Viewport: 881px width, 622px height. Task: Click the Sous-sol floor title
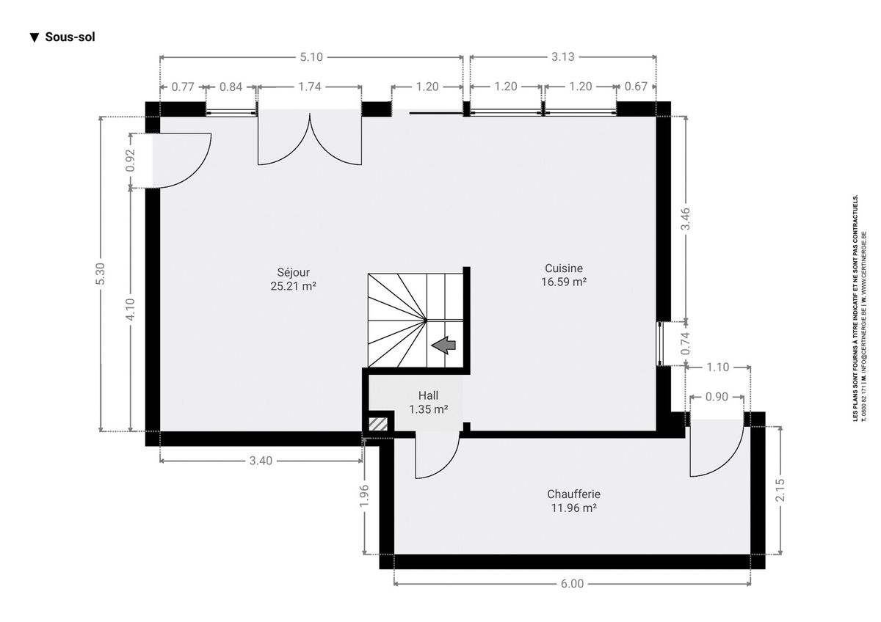[x=62, y=37]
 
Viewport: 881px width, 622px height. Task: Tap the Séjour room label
[x=294, y=272]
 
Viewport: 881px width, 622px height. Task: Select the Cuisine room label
[x=564, y=268]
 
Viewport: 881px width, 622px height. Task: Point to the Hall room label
[x=428, y=395]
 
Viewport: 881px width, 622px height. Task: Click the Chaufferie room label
[x=573, y=494]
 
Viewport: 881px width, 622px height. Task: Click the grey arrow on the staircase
[x=443, y=345]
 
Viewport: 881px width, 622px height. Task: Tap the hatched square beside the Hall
[x=378, y=424]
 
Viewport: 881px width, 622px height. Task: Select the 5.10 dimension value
[x=311, y=57]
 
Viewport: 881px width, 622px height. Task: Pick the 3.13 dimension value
[x=563, y=57]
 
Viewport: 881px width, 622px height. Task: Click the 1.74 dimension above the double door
[x=310, y=87]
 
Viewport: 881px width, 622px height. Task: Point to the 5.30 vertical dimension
[x=101, y=274]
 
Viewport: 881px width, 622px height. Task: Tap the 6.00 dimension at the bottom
[x=572, y=584]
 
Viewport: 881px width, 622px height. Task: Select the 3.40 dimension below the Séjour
[x=261, y=461]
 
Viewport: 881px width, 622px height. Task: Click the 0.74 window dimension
[x=686, y=344]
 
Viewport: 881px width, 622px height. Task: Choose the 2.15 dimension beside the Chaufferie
[x=780, y=490]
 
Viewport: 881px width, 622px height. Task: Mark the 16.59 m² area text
[x=564, y=282]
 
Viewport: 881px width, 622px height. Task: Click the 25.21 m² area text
[x=294, y=286]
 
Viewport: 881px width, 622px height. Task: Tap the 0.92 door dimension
[x=131, y=161]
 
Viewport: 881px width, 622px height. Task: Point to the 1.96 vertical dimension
[x=365, y=496]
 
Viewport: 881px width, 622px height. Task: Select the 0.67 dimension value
[x=636, y=87]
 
